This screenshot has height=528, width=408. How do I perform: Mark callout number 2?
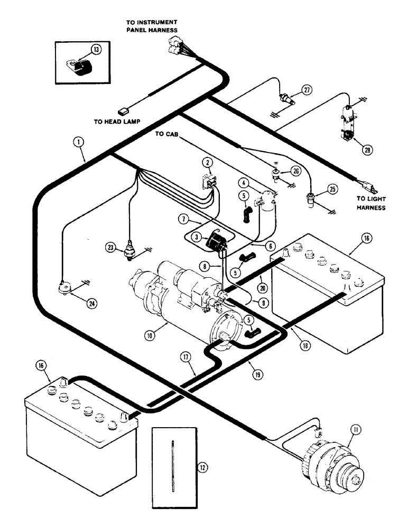(209, 162)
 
